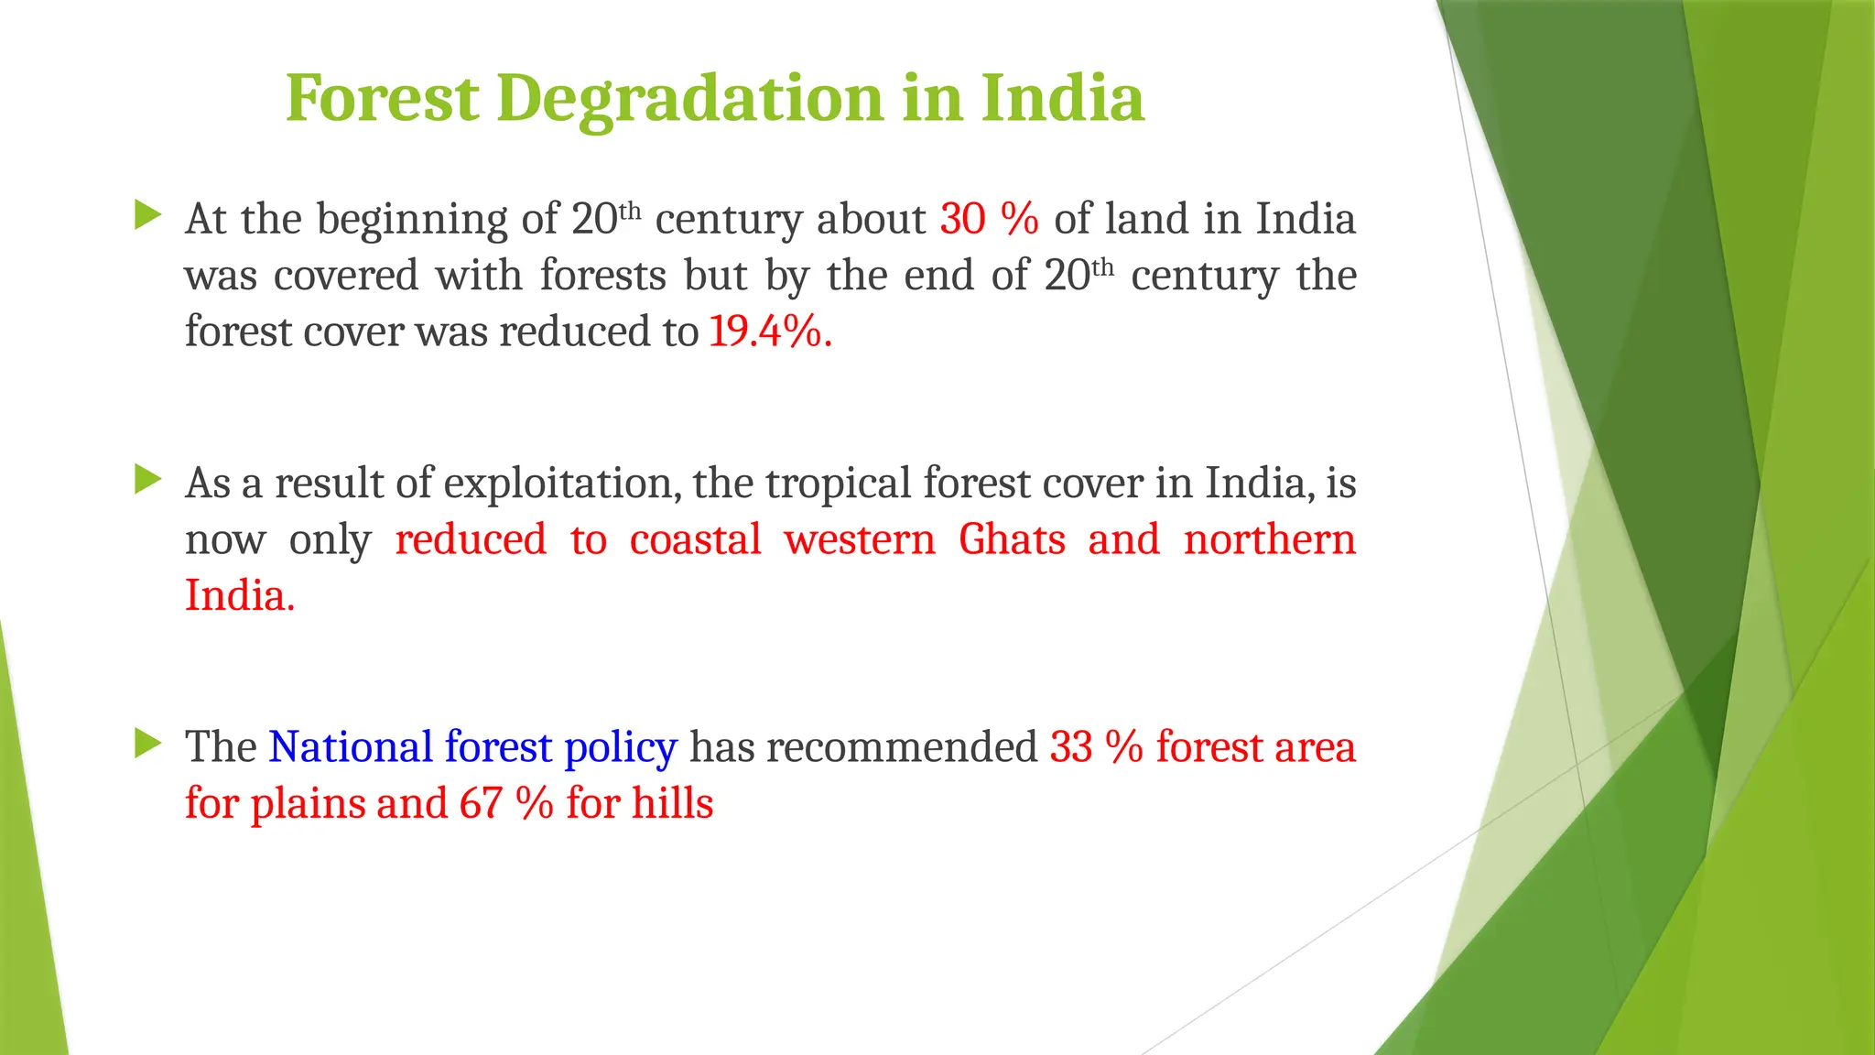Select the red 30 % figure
tap(989, 219)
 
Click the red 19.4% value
tap(769, 332)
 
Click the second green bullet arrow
tap(146, 479)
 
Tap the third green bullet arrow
tap(146, 743)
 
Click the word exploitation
tap(562, 484)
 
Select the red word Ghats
tap(1012, 539)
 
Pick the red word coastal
tap(695, 539)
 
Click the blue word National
tap(351, 747)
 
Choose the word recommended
tap(901, 747)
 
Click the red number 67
tap(481, 803)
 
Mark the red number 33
tap(1070, 747)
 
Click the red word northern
tap(1269, 539)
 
